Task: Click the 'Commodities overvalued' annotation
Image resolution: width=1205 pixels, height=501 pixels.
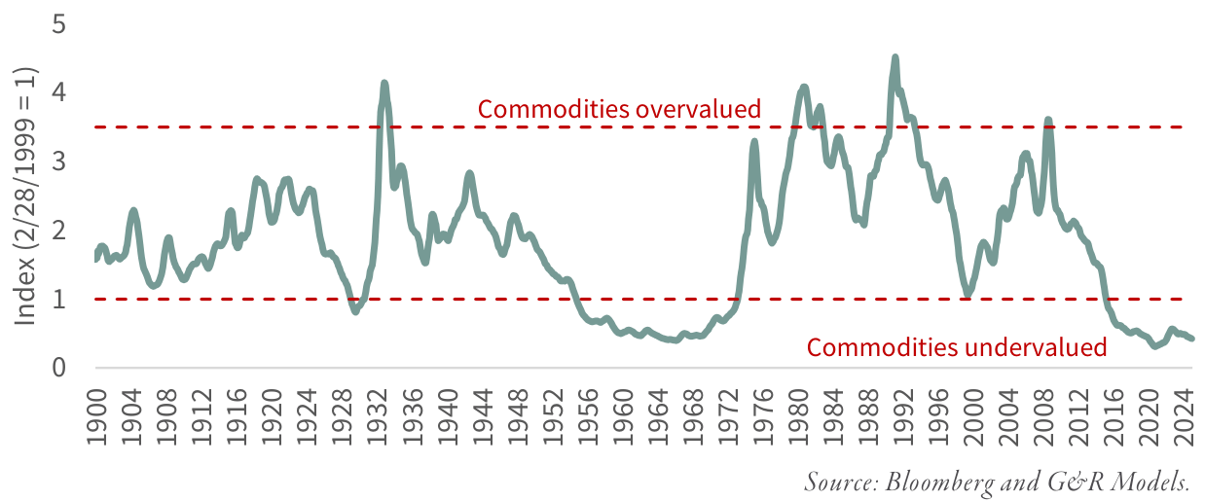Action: [x=618, y=109]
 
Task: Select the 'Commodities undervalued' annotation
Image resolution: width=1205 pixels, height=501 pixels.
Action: [x=957, y=347]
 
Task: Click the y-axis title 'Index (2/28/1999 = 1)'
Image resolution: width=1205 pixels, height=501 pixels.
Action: [x=25, y=196]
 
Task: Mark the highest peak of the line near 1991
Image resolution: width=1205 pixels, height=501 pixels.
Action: [x=895, y=58]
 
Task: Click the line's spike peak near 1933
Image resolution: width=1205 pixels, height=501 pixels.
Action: [x=384, y=84]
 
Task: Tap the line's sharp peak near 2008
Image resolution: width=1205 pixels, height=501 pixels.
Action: [x=1047, y=121]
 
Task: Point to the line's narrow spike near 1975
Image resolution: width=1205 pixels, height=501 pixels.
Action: [x=754, y=142]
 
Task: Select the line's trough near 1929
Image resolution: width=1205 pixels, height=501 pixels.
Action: [x=355, y=311]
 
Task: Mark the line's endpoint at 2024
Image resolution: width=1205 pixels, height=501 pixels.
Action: [x=1191, y=339]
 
